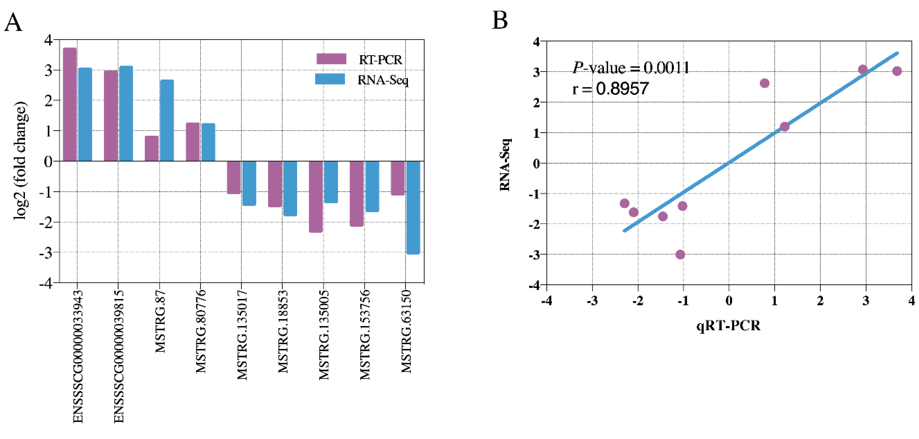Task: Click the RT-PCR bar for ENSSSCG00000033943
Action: [x=70, y=104]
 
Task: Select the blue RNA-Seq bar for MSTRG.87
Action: [x=167, y=120]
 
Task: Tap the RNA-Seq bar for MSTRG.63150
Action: [x=413, y=207]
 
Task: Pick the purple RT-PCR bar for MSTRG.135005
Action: [x=316, y=196]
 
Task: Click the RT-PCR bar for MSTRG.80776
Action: [x=193, y=142]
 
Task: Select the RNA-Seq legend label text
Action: [x=383, y=80]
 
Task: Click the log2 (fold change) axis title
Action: [x=21, y=161]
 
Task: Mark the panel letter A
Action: [x=13, y=22]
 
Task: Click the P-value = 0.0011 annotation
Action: [x=631, y=67]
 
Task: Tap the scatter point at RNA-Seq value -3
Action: [x=680, y=254]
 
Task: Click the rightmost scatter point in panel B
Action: [x=897, y=71]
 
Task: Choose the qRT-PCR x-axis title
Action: [x=728, y=325]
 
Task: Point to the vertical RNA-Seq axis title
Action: [x=505, y=164]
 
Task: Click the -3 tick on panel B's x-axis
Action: [x=592, y=301]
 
